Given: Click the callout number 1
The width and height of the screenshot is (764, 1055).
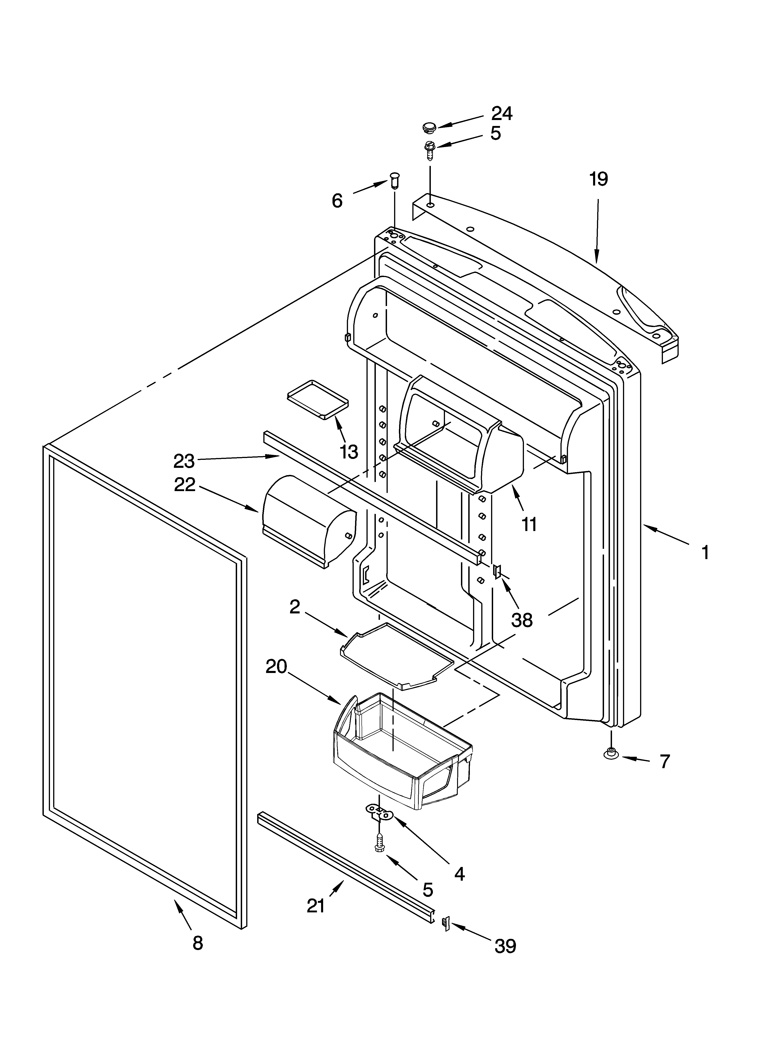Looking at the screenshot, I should (x=705, y=553).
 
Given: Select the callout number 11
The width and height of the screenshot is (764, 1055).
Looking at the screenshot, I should (x=529, y=524).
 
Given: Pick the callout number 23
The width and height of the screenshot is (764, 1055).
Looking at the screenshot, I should (x=184, y=461).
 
